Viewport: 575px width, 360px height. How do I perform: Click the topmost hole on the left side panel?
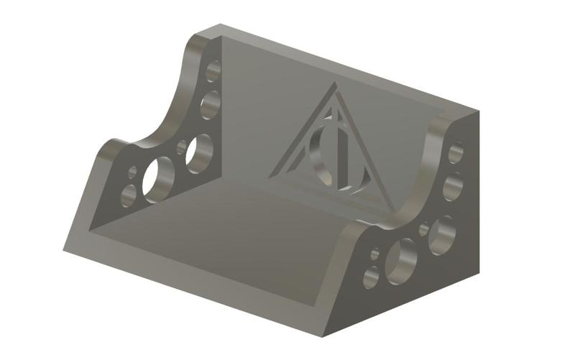(x=213, y=70)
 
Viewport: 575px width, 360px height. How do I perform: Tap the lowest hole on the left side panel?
(x=129, y=194)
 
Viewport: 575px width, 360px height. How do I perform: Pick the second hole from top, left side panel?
(x=210, y=104)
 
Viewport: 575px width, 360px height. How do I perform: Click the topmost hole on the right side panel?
(x=456, y=152)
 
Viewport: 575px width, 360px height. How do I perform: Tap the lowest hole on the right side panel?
(x=371, y=278)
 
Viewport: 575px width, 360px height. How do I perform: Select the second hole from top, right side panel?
(x=452, y=186)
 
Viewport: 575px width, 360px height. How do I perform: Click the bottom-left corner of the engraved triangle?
(x=270, y=175)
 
